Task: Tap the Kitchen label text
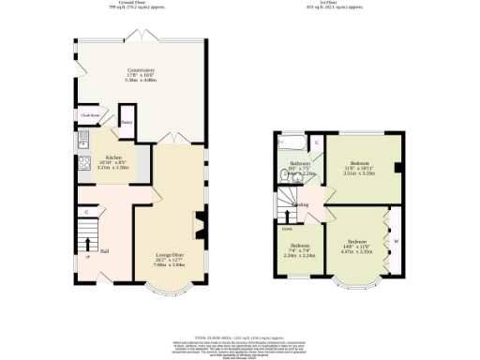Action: pos(113,157)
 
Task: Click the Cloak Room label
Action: pos(89,116)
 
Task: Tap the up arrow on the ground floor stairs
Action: pos(88,245)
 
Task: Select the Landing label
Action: pos(301,204)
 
